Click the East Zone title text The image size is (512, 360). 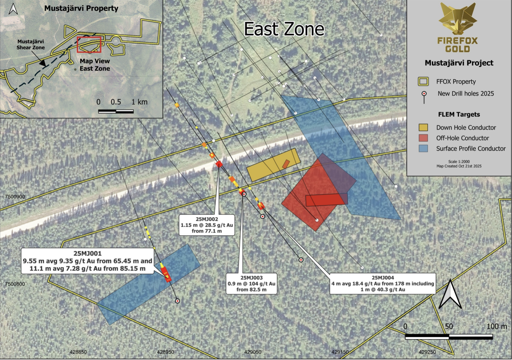pos(284,29)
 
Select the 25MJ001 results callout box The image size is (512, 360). pos(87,261)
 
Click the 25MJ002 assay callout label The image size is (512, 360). pos(207,225)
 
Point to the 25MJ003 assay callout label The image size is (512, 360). pos(251,283)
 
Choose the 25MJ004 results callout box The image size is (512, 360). pos(383,283)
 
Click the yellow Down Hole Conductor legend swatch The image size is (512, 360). pos(423,128)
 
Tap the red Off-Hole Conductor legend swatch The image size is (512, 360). pos(423,138)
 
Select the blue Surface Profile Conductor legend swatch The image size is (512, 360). pos(423,149)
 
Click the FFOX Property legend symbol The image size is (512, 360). pos(423,82)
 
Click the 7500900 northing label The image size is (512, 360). pos(15,197)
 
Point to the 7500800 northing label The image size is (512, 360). pos(15,284)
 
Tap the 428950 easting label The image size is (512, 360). pos(165,352)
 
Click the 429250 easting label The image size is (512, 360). pos(427,352)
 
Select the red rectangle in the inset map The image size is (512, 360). pos(89,44)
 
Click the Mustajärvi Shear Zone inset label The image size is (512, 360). pos(31,44)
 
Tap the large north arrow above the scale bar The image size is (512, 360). pos(450,294)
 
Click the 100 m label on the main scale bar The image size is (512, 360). pos(497,326)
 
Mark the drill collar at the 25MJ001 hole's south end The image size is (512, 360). pos(177,301)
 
